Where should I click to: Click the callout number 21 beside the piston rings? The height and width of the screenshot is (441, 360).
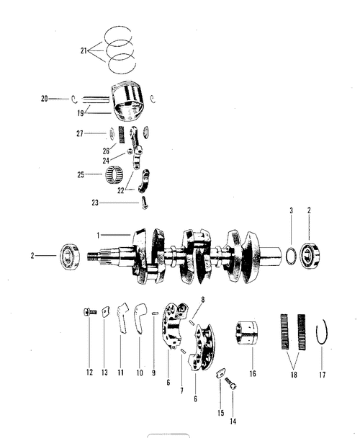click(x=84, y=51)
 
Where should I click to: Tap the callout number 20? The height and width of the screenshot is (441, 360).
click(x=44, y=99)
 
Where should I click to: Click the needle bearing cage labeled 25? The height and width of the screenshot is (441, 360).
click(x=112, y=174)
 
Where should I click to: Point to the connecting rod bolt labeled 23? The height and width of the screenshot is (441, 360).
click(x=145, y=202)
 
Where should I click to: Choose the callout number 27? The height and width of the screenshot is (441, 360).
click(x=80, y=133)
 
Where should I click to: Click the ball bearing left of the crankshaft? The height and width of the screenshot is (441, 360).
click(x=71, y=257)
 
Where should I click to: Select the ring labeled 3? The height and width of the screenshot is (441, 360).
click(x=291, y=256)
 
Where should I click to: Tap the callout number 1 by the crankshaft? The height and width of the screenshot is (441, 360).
click(x=98, y=235)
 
